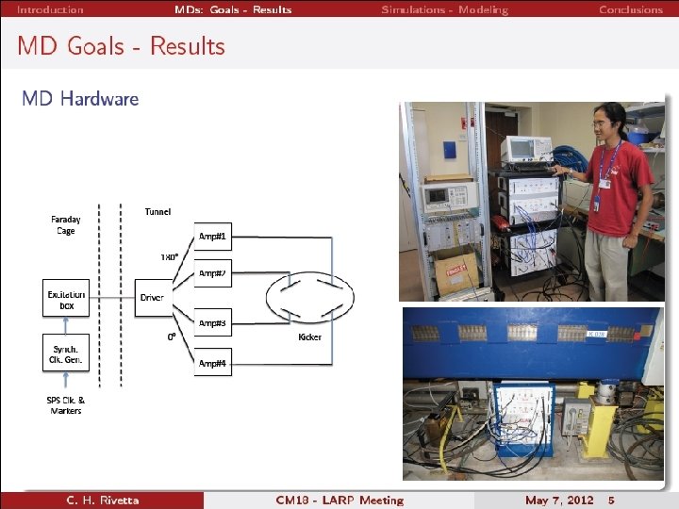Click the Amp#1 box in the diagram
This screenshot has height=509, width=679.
tap(212, 236)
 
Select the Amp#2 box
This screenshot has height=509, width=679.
tap(212, 274)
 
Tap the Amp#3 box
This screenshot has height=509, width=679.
tap(212, 323)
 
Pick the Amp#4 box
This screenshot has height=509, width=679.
tap(212, 363)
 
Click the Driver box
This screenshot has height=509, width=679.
tap(152, 298)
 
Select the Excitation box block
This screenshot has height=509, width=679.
tap(67, 300)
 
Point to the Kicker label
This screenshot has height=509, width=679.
tap(309, 337)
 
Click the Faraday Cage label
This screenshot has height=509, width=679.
tap(64, 224)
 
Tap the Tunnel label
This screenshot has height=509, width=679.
tap(157, 212)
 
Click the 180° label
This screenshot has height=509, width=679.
tap(169, 256)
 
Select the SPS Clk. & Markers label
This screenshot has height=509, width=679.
tap(65, 405)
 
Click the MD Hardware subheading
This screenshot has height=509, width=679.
tap(80, 98)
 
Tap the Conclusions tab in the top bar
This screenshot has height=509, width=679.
tap(631, 9)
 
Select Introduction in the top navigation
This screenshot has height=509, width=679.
tap(50, 9)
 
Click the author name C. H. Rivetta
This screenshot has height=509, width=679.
tap(102, 500)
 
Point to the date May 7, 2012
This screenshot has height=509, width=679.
tap(559, 500)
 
